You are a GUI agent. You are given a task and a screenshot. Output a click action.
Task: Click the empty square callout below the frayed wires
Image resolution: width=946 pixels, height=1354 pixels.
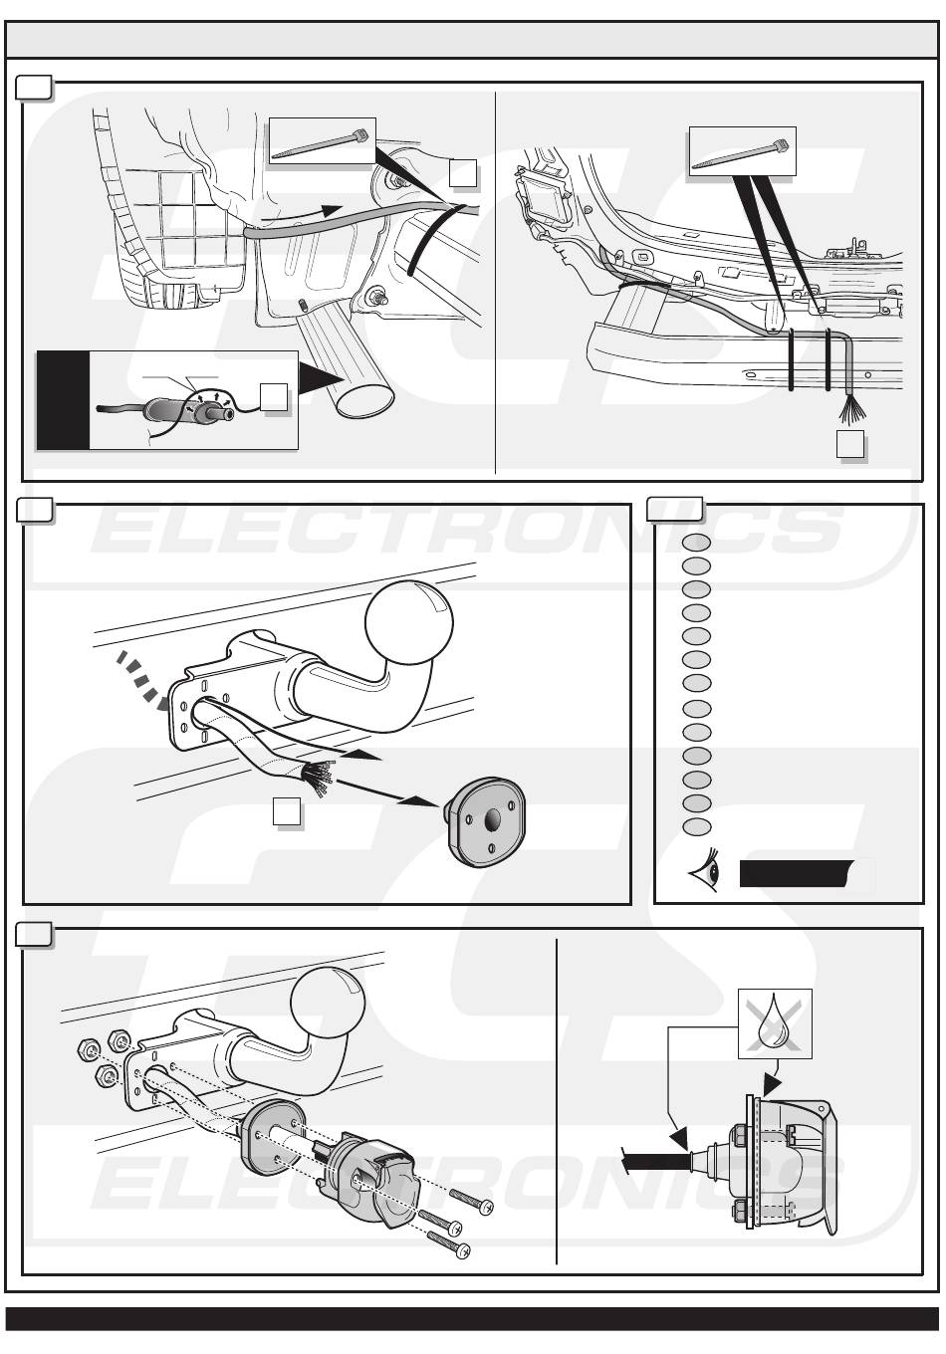[x=849, y=444]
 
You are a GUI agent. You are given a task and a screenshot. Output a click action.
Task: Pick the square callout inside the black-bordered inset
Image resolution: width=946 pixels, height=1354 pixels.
[x=275, y=396]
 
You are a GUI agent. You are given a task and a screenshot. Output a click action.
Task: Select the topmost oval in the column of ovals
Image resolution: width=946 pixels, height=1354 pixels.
[x=697, y=543]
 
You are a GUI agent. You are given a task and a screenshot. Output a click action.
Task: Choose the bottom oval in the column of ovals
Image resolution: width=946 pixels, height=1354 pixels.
[x=697, y=826]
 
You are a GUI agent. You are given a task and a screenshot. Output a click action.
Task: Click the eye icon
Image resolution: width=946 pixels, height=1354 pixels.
[x=703, y=873]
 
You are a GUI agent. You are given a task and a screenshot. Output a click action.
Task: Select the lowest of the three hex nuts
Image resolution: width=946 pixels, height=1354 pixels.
[x=104, y=1076]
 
